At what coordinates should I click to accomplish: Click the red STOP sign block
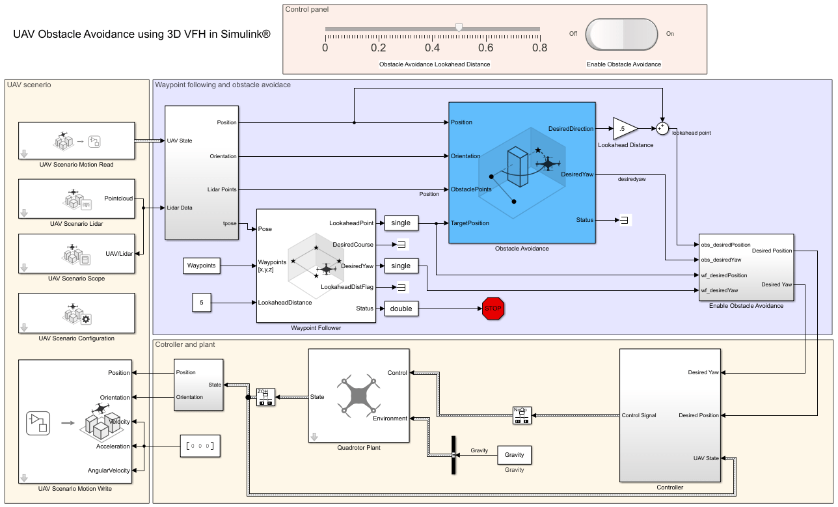point(493,308)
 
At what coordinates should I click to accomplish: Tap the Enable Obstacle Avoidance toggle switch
point(622,34)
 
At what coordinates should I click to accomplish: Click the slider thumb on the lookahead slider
point(459,27)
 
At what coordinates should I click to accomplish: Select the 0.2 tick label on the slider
point(379,48)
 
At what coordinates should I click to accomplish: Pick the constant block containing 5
point(202,303)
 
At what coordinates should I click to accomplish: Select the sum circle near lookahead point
point(662,128)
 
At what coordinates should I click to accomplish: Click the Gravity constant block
point(514,455)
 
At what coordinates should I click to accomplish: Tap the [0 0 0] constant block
point(199,446)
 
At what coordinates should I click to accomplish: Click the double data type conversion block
point(401,308)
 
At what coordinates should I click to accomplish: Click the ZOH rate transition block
point(265,396)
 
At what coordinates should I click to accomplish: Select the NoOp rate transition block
point(520,415)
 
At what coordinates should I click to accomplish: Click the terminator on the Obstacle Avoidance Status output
point(623,221)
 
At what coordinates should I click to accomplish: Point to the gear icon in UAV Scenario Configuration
point(85,319)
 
